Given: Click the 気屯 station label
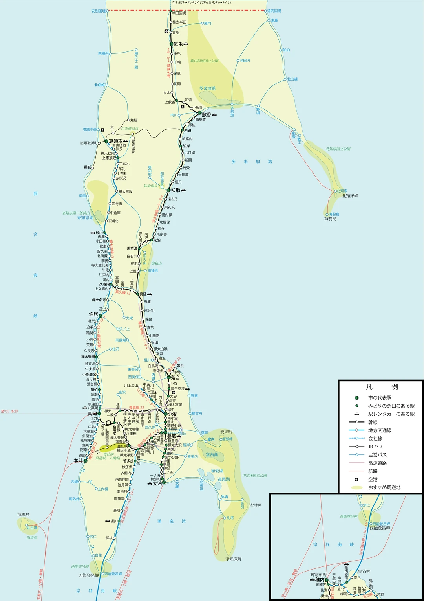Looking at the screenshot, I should click(178, 44).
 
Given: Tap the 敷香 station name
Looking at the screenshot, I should click(207, 115).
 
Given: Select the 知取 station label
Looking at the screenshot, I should click(175, 190).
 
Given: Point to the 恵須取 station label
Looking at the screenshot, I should click(116, 141).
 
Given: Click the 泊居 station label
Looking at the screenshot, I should click(93, 314).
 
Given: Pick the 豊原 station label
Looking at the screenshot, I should click(172, 436).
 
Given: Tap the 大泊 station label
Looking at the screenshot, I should click(157, 483).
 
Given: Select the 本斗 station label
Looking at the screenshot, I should click(78, 460).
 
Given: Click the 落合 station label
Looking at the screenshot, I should click(175, 377).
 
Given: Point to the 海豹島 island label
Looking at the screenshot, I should click(330, 219).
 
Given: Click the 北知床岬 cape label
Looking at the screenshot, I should click(350, 196).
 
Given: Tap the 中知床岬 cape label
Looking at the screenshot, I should click(234, 559).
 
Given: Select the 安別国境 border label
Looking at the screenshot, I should click(98, 11).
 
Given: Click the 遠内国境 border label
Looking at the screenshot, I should click(274, 11).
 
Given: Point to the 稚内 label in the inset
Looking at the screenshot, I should click(320, 579).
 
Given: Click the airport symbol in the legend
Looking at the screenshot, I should click(356, 479).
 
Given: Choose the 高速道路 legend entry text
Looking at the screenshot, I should click(377, 463).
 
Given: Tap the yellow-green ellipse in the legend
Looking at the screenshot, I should click(356, 487).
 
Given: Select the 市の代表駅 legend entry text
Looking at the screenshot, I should click(380, 398).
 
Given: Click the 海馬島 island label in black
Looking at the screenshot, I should click(23, 515).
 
